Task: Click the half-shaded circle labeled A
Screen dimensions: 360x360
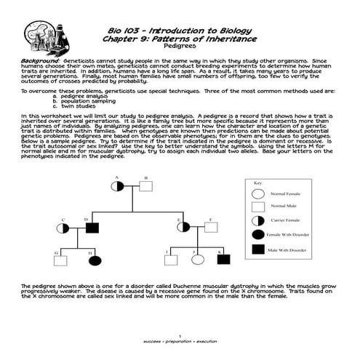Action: click(x=117, y=186)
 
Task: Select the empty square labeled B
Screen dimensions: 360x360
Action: click(x=146, y=186)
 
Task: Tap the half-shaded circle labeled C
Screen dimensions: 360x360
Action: click(x=64, y=228)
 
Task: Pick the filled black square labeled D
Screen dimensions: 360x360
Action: click(x=92, y=228)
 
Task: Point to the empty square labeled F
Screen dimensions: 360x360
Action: click(x=208, y=227)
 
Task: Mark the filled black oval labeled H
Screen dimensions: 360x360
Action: click(x=94, y=260)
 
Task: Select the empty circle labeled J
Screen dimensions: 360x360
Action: click(x=196, y=259)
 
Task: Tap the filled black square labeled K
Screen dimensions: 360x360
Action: click(x=223, y=259)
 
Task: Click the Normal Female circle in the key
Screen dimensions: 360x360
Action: click(x=257, y=195)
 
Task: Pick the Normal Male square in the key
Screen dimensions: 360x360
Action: click(x=257, y=207)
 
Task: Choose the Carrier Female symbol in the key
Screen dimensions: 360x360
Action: click(x=257, y=220)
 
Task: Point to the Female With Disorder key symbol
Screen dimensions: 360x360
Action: click(x=257, y=234)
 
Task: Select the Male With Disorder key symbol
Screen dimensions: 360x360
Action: click(x=257, y=248)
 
